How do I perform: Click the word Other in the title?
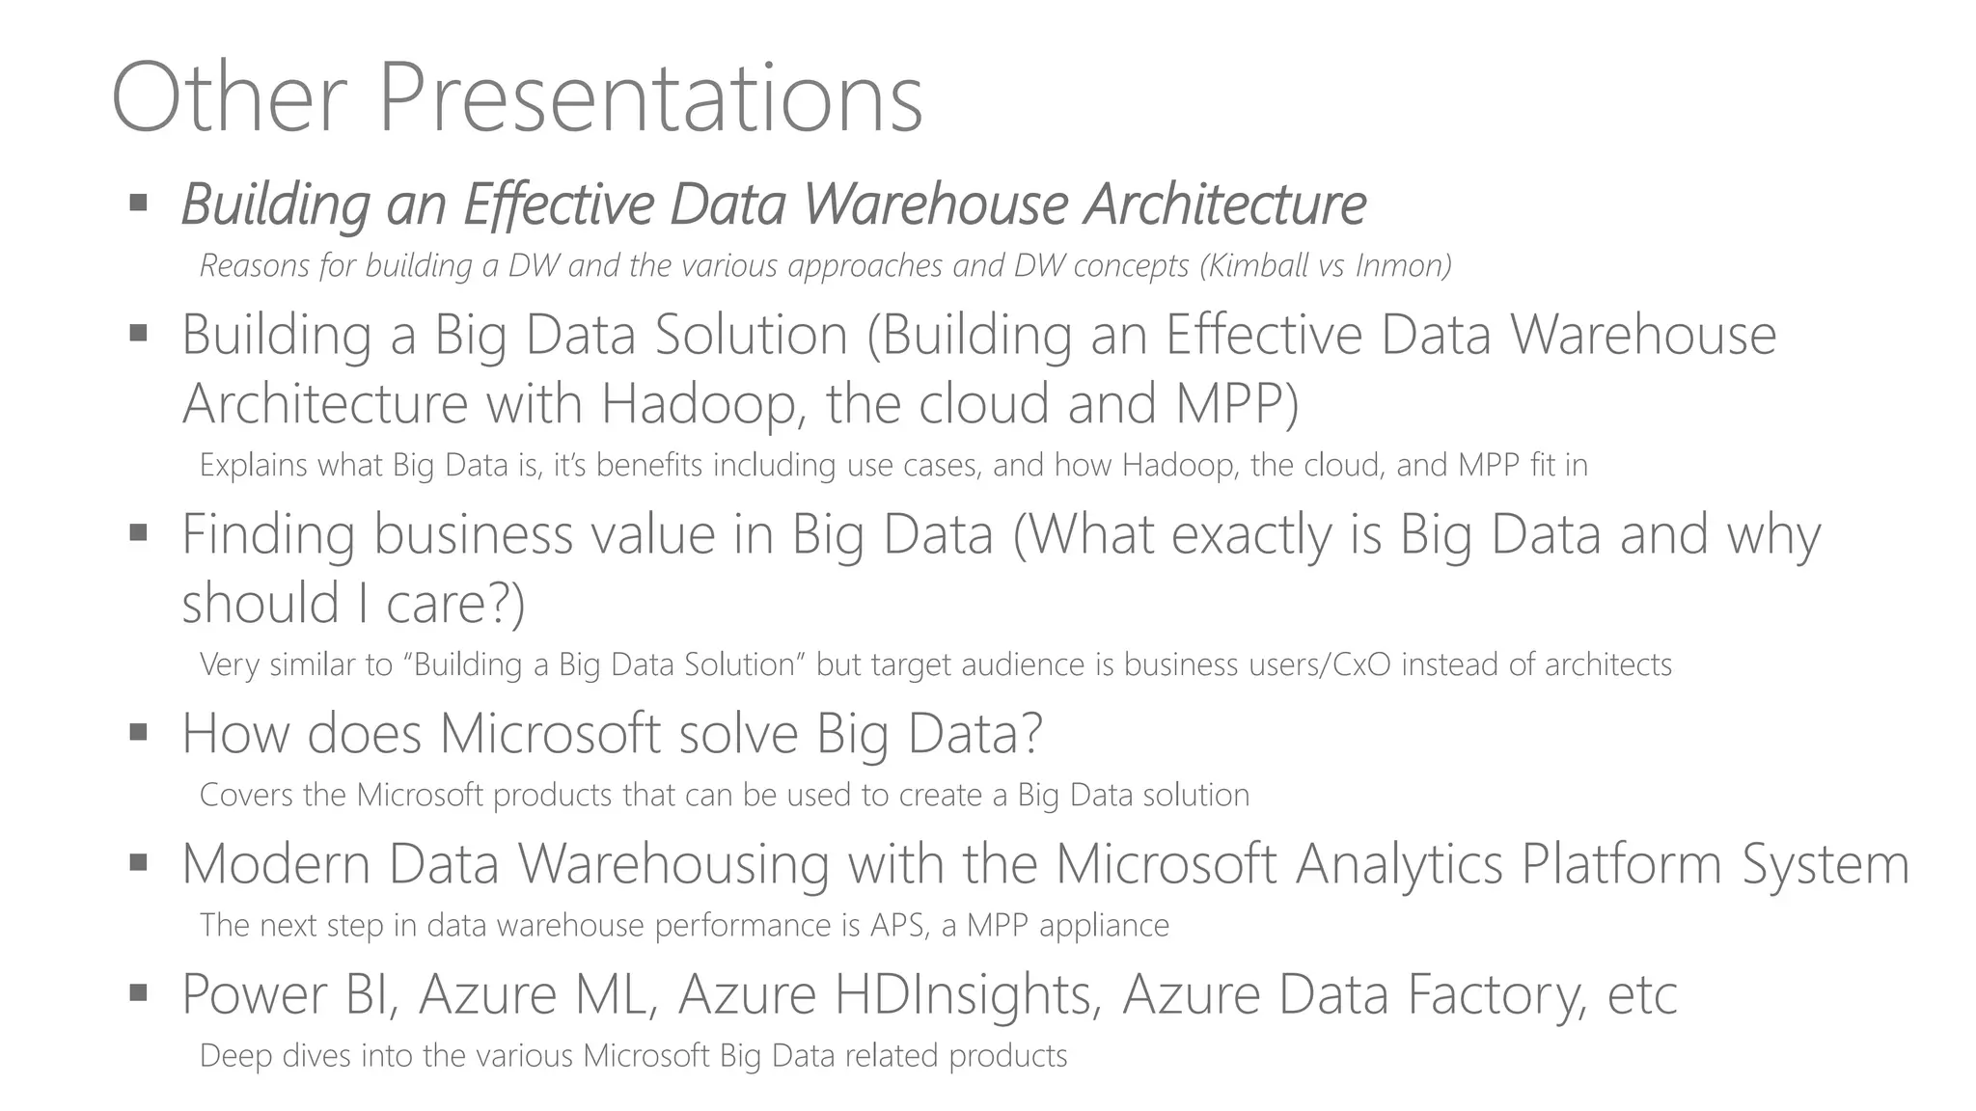(229, 99)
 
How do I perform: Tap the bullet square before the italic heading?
(138, 203)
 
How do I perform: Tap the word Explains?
(254, 466)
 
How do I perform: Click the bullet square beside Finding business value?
(138, 532)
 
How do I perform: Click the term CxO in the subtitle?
(1361, 664)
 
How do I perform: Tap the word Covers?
(246, 795)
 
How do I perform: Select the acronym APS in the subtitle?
(899, 925)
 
